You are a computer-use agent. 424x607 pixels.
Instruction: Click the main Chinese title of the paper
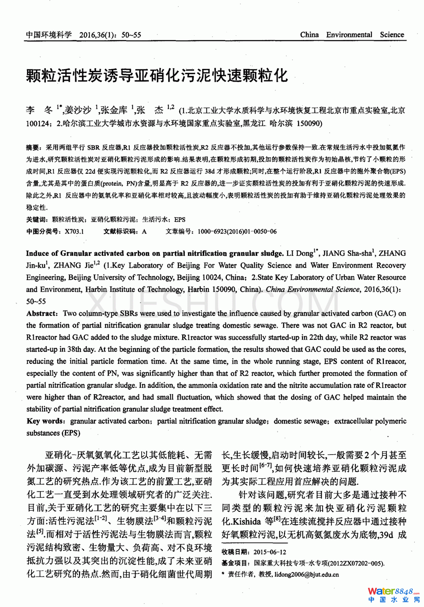[x=157, y=76]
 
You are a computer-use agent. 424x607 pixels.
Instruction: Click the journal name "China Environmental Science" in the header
[x=352, y=34]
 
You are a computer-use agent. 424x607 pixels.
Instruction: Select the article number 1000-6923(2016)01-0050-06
[x=237, y=231]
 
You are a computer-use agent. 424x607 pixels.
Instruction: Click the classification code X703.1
[x=74, y=231]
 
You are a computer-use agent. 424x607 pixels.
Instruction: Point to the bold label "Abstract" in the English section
[x=42, y=314]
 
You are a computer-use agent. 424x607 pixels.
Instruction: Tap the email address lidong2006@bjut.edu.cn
[x=306, y=575]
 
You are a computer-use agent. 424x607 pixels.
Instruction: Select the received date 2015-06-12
[x=270, y=552]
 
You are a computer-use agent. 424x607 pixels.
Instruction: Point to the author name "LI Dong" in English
[x=300, y=253]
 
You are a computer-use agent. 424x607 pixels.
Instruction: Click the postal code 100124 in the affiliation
[x=38, y=124]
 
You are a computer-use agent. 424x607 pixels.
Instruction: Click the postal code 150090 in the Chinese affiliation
[x=309, y=124]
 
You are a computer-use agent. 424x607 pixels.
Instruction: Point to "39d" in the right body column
[x=386, y=535]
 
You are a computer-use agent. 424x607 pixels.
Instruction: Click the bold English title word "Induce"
[x=37, y=253]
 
